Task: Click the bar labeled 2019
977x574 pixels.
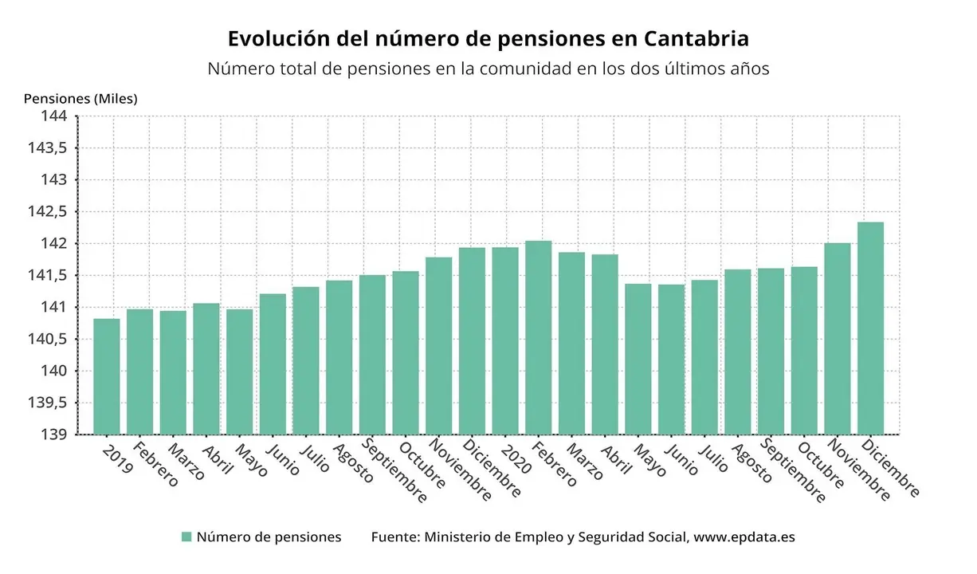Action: click(x=106, y=376)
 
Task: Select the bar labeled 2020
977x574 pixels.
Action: click(x=504, y=340)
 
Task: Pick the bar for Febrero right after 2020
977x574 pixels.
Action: click(x=538, y=337)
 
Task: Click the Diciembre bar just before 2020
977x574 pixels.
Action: click(x=472, y=340)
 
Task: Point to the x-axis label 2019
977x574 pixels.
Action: click(x=118, y=459)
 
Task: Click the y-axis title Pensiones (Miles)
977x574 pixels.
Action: click(x=80, y=99)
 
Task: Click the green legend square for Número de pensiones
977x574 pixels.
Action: click(x=186, y=537)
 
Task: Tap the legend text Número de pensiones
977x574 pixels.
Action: click(x=269, y=537)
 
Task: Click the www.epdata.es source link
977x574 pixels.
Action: click(x=744, y=537)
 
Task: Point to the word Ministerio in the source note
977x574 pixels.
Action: click(x=461, y=537)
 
